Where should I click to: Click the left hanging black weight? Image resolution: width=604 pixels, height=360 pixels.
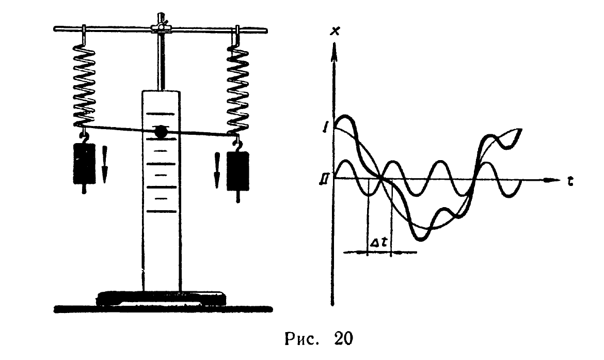[84, 163]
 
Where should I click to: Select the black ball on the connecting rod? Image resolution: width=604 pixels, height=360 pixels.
[161, 132]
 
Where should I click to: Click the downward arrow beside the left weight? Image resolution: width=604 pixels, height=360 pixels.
[105, 164]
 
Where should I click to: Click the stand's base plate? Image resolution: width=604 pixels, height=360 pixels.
[161, 297]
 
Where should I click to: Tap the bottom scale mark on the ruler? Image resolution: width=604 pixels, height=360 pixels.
[161, 211]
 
